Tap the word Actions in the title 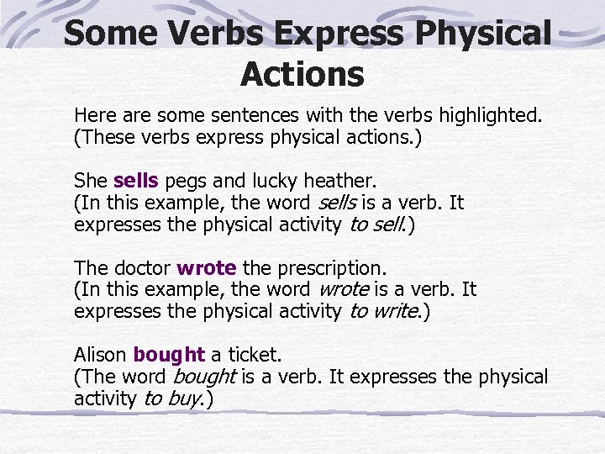coord(302,74)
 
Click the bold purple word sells coord(135,180)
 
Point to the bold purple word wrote coord(207,268)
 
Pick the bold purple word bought coord(169,355)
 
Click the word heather coord(343,180)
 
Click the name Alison coord(101,355)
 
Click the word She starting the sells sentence coord(90,180)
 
